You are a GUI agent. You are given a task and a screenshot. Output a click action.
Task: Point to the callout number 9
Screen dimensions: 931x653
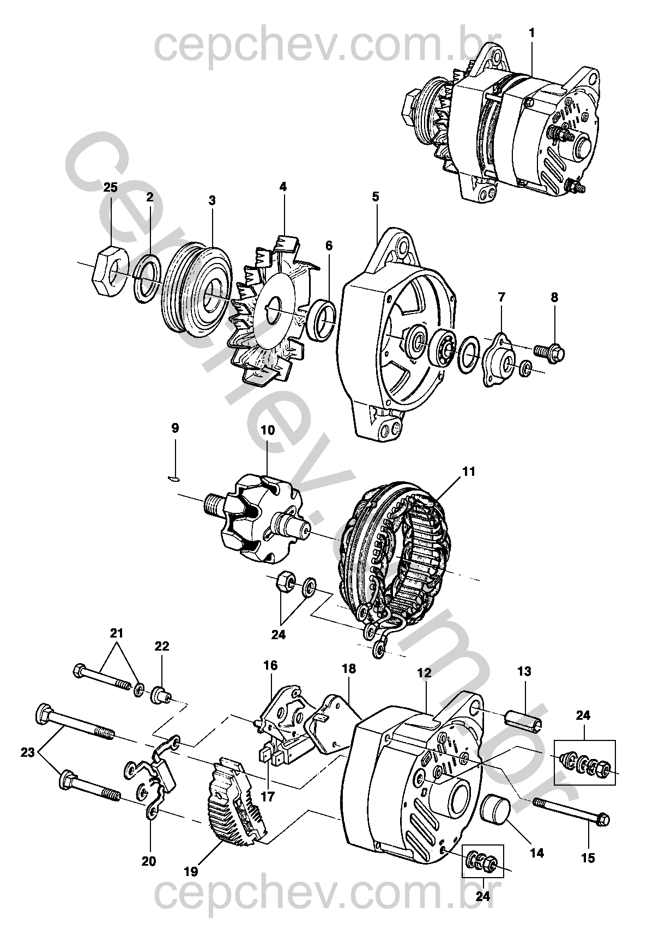point(175,428)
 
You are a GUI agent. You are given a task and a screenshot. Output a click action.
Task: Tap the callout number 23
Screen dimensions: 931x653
point(28,752)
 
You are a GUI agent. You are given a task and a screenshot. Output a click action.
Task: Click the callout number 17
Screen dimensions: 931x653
point(267,797)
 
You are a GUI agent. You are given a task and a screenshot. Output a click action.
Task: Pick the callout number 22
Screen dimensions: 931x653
point(161,646)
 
